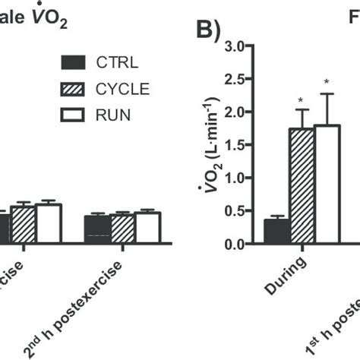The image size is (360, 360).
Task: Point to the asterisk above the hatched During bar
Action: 302,101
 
